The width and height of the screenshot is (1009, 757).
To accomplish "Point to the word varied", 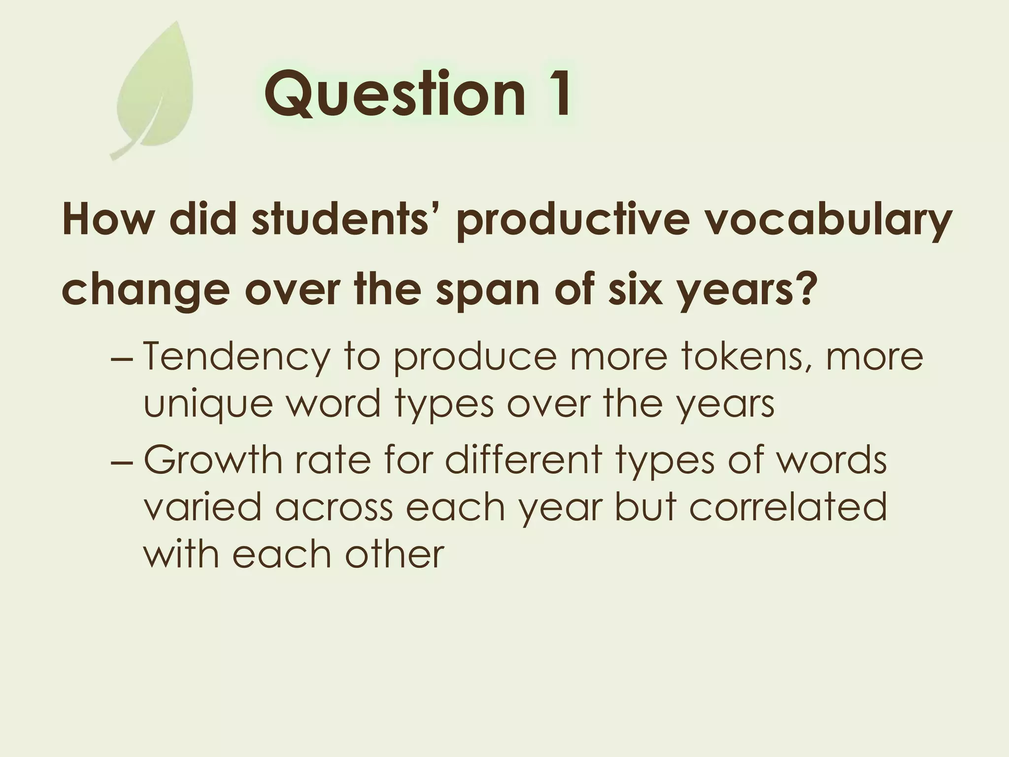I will (x=202, y=507).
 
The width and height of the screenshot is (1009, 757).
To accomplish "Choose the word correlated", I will (x=788, y=507).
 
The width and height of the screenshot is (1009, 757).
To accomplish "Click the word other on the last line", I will (x=394, y=554).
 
